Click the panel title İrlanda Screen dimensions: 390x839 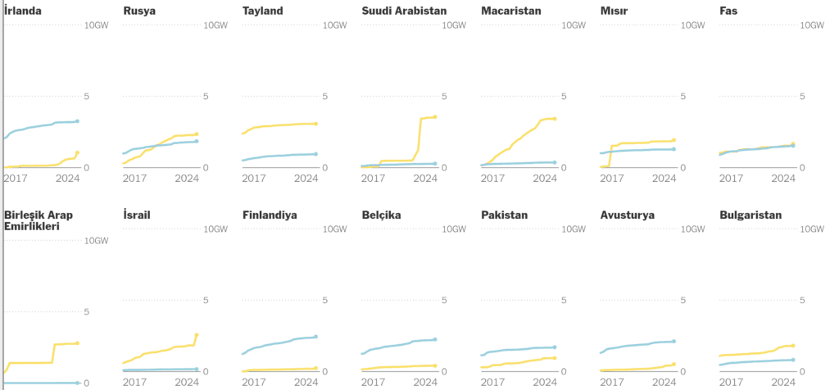click(23, 11)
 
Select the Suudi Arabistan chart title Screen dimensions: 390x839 click(405, 11)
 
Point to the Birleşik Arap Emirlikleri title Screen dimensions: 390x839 click(39, 220)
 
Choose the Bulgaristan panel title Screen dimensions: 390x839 click(751, 215)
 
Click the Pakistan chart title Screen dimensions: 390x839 click(505, 215)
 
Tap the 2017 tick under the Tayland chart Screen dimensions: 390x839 click(254, 178)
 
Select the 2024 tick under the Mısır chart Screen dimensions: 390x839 click(664, 178)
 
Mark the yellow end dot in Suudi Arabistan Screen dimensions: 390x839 click(435, 117)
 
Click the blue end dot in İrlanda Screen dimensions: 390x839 click(78, 121)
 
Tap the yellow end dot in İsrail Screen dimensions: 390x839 click(197, 335)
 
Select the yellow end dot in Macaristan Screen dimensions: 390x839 click(555, 119)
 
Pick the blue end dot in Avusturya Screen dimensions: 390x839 click(673, 341)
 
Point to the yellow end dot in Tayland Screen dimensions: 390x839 click(316, 124)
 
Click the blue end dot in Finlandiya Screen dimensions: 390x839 click(316, 337)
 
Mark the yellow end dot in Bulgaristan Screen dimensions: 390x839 click(793, 345)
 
